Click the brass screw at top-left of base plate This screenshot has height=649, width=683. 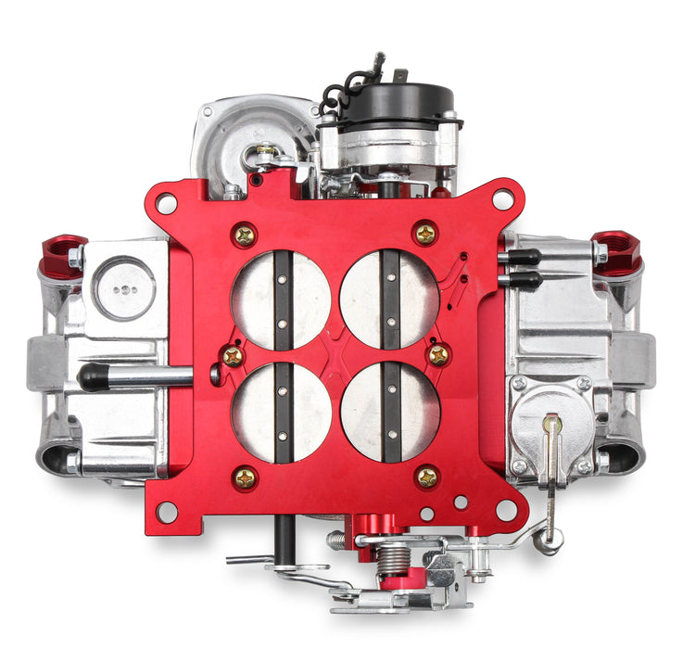245,235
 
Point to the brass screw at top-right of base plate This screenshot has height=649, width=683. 425,234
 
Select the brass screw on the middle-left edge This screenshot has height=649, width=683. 233,355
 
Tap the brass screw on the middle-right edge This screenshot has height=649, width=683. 438,354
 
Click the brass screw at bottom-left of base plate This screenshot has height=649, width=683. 245,477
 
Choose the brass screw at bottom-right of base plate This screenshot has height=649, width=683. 426,477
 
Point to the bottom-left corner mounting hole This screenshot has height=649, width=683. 167,511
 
